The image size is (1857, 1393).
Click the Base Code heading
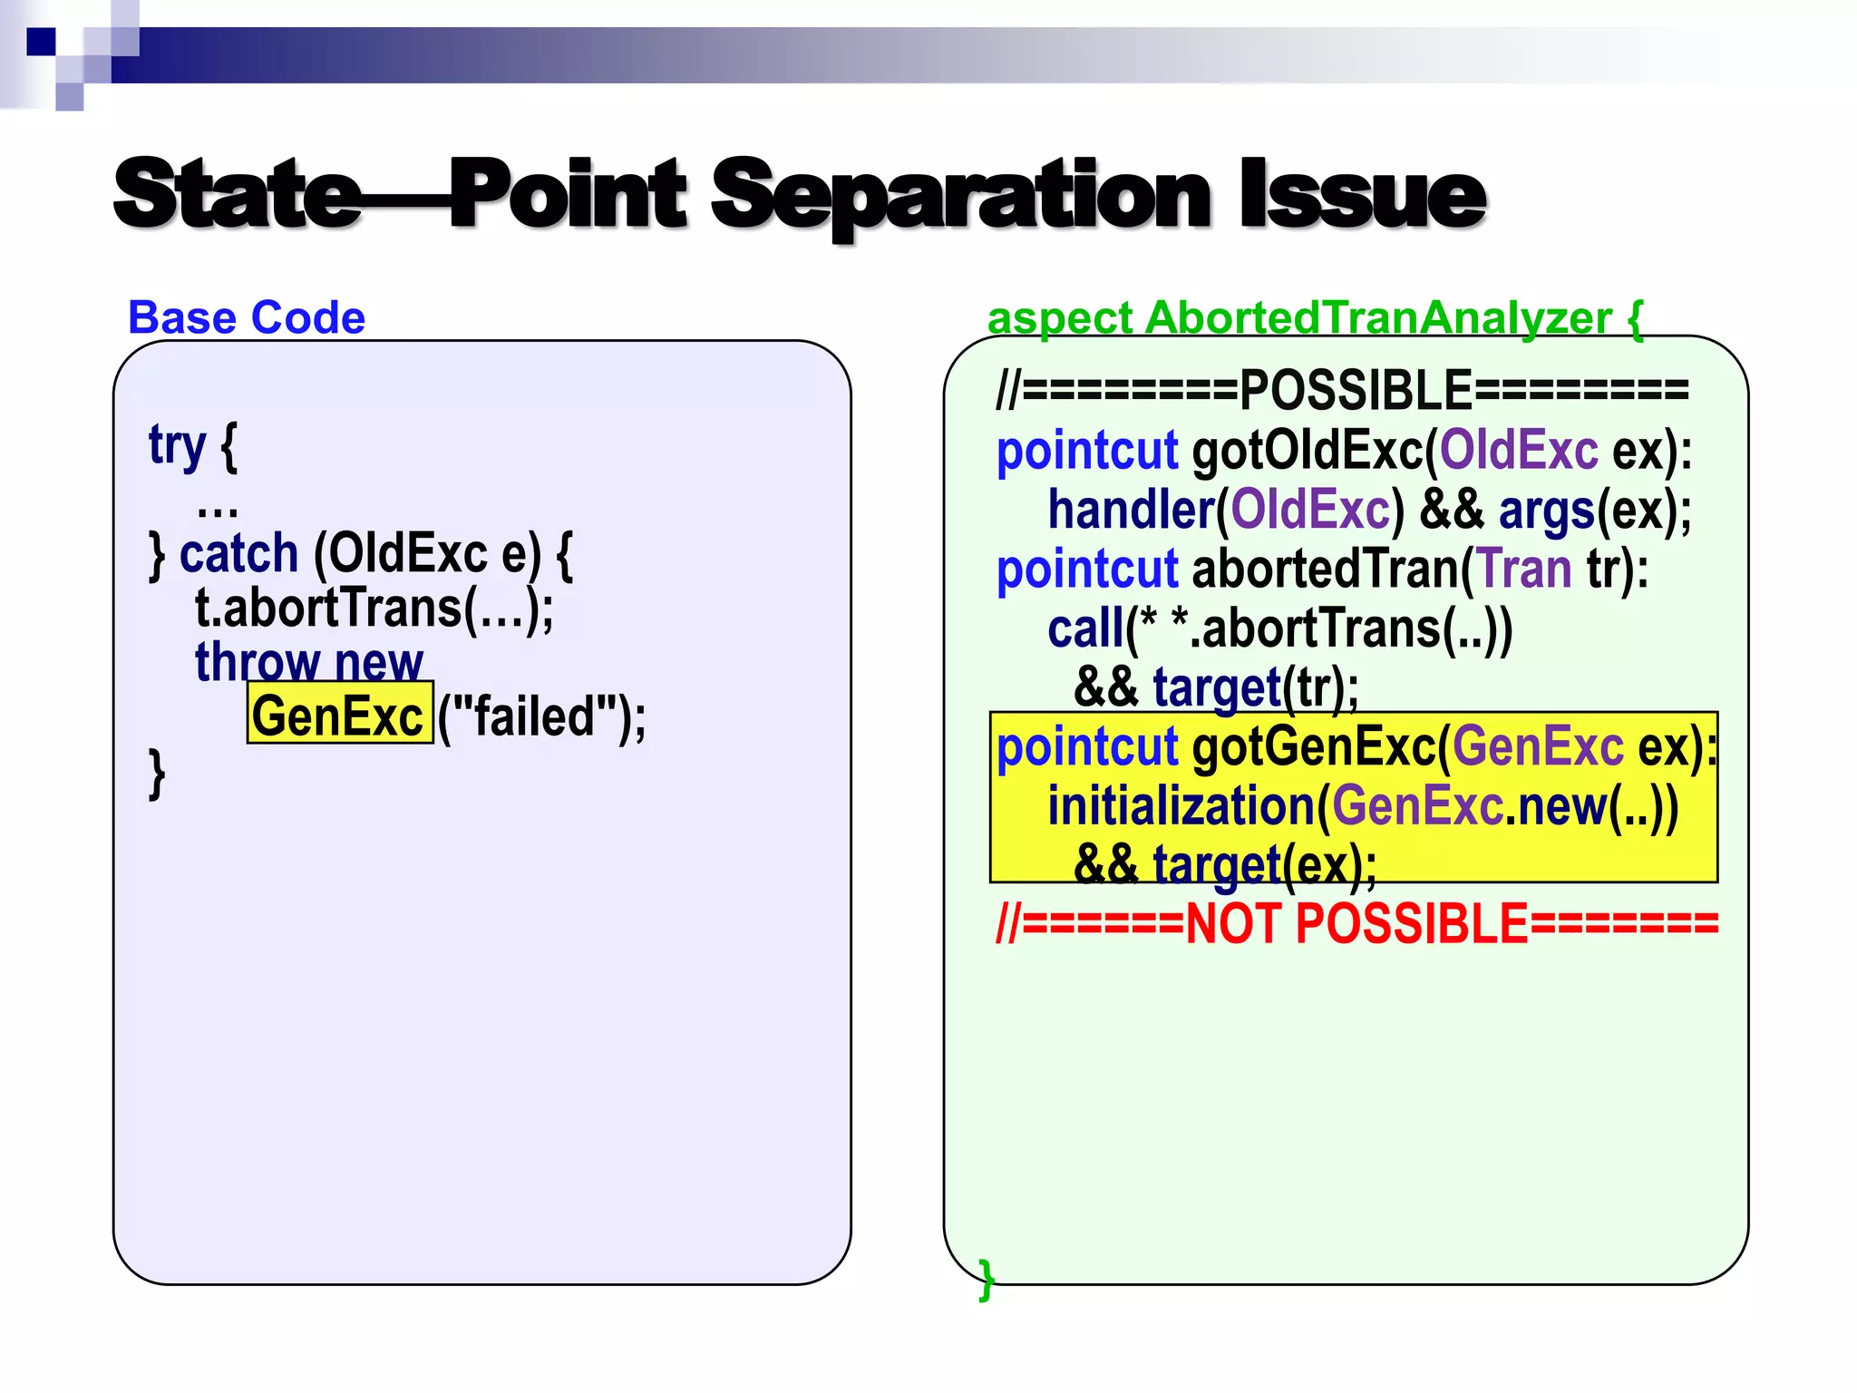[x=247, y=317]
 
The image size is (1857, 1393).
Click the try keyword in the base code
[x=178, y=446]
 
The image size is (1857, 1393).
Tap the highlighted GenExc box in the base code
[x=339, y=716]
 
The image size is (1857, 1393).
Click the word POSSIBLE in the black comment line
[x=1356, y=390]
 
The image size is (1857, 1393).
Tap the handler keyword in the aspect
[x=1130, y=510]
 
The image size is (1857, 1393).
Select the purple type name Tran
[x=1524, y=569]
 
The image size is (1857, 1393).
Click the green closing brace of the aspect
[x=987, y=1279]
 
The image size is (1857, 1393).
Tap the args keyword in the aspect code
[x=1546, y=510]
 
